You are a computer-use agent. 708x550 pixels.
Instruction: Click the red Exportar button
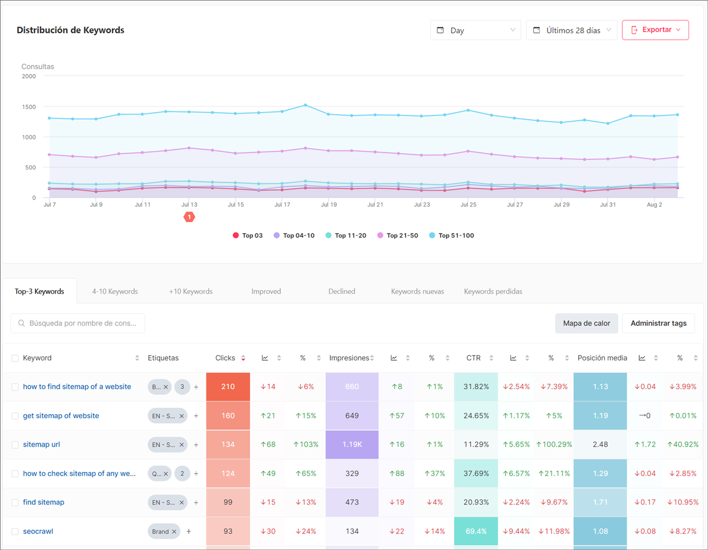coord(655,30)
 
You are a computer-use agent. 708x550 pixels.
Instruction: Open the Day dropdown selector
coord(475,30)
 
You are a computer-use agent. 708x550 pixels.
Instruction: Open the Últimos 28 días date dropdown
coord(571,30)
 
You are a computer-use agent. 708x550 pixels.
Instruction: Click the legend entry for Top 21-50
coord(402,236)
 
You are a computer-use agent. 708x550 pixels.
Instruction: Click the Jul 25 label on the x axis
coord(468,204)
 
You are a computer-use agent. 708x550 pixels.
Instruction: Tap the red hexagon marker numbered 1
coord(189,217)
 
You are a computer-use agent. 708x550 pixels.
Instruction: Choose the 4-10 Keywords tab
coord(114,291)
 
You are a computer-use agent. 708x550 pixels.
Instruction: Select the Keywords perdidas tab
coord(493,291)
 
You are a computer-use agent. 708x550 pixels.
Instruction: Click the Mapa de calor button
coord(586,323)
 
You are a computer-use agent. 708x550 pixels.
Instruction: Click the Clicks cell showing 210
coord(228,387)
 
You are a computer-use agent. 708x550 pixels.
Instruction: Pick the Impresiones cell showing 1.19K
coord(352,444)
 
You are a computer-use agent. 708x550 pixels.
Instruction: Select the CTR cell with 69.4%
coord(476,531)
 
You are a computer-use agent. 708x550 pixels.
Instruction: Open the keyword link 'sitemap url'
coord(41,444)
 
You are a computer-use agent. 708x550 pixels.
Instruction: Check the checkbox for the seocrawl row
coord(15,531)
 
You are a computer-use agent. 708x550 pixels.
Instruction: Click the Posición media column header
coord(602,358)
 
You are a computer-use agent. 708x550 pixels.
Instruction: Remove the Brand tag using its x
coord(174,532)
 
